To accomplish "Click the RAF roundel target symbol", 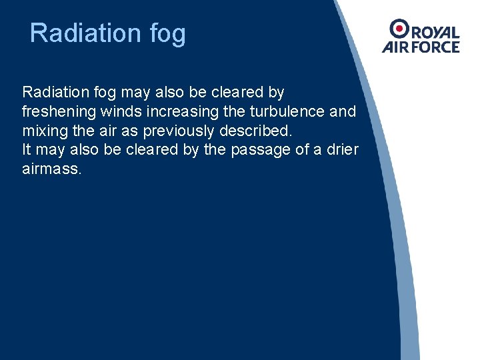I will tap(400, 28).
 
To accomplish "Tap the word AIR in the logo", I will tap(395, 47).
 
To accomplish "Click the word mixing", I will tap(42, 131).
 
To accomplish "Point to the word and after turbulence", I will tap(343, 111).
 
